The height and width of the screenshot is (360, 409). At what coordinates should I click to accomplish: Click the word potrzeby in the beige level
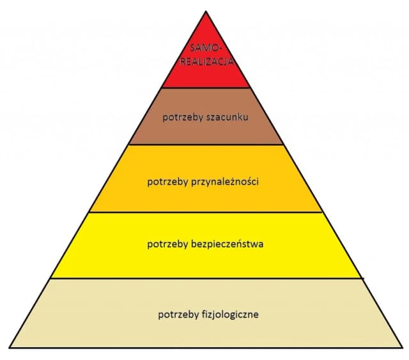(178, 315)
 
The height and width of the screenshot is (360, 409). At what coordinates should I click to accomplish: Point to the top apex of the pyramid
(206, 11)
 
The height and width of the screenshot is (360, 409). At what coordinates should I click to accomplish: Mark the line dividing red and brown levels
(205, 88)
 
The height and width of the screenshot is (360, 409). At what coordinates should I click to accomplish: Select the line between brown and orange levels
(205, 145)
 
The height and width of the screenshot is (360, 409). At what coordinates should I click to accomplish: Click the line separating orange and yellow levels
(205, 212)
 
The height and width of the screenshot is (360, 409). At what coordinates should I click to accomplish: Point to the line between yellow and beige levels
(205, 278)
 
